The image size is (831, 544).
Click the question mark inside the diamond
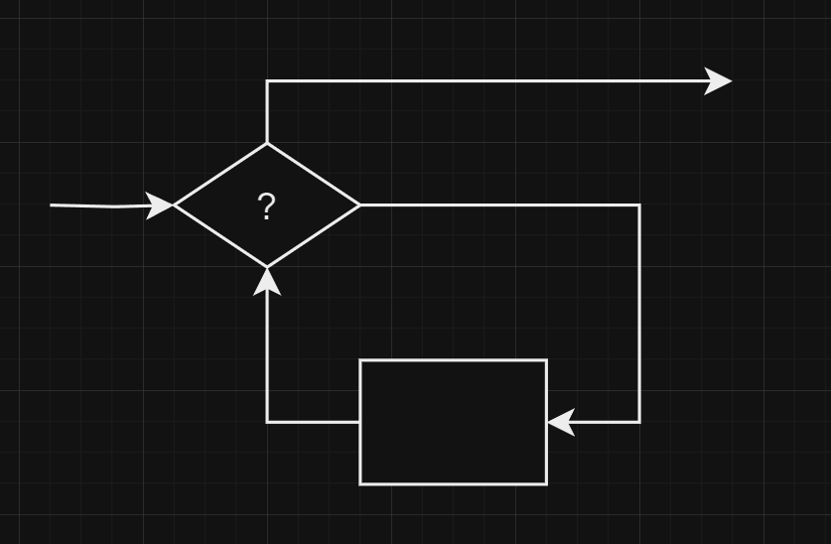pyautogui.click(x=266, y=207)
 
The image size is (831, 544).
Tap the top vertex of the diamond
pyautogui.click(x=267, y=144)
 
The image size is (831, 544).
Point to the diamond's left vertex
pyautogui.click(x=175, y=205)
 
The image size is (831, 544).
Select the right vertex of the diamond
pyautogui.click(x=359, y=205)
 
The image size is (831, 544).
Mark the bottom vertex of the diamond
pyautogui.click(x=267, y=266)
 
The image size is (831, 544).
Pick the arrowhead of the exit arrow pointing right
pyautogui.click(x=719, y=81)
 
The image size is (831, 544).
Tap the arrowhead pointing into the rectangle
pyautogui.click(x=561, y=422)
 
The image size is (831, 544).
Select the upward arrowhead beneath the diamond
pyautogui.click(x=267, y=281)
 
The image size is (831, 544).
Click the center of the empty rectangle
pyautogui.click(x=454, y=422)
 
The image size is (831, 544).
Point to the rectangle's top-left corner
pyautogui.click(x=360, y=360)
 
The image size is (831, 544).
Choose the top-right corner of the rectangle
pyautogui.click(x=547, y=360)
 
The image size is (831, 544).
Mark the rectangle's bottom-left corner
pyautogui.click(x=360, y=484)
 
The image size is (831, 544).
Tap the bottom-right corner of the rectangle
pyautogui.click(x=547, y=484)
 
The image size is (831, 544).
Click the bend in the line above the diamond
pyautogui.click(x=267, y=81)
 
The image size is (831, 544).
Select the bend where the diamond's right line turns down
pyautogui.click(x=639, y=205)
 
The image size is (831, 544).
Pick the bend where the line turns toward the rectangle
pyautogui.click(x=639, y=422)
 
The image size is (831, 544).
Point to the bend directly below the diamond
pyautogui.click(x=267, y=422)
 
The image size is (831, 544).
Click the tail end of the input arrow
pyautogui.click(x=52, y=205)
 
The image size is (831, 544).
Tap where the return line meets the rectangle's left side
pyautogui.click(x=360, y=422)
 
